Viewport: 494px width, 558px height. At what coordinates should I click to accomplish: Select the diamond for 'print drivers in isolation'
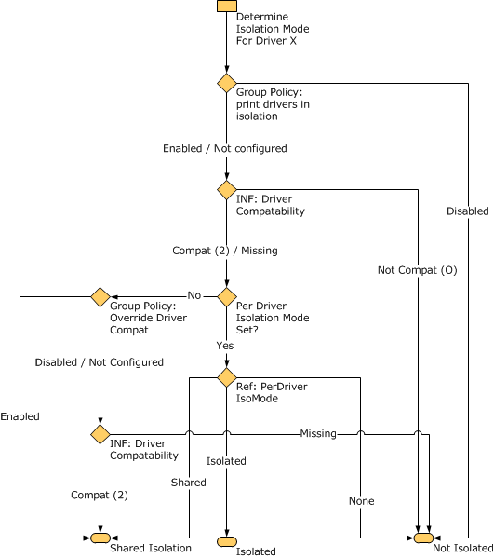tap(226, 83)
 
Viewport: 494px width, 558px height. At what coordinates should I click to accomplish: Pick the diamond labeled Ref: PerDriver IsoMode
tap(226, 377)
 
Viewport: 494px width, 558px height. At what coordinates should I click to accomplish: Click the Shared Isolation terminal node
tap(100, 538)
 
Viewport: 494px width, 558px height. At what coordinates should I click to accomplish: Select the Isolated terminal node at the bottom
tap(226, 541)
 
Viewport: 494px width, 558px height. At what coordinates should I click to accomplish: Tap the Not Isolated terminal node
tap(423, 538)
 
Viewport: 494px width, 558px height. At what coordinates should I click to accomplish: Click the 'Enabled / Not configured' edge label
tap(224, 148)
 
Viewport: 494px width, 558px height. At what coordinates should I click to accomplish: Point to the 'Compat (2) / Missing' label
tap(224, 251)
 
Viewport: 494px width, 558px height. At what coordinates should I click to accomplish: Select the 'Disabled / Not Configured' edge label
tap(99, 362)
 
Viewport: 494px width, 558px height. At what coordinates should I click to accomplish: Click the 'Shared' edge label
tap(188, 483)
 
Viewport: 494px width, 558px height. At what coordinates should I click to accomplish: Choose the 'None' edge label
tap(362, 501)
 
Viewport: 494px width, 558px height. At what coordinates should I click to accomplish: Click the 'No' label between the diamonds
tap(194, 295)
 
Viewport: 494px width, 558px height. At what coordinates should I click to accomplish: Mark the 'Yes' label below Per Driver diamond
tap(225, 346)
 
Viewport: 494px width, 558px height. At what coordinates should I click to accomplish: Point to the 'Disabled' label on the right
tap(467, 211)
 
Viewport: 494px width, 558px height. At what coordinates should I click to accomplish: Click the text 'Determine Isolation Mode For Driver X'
tap(272, 29)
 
